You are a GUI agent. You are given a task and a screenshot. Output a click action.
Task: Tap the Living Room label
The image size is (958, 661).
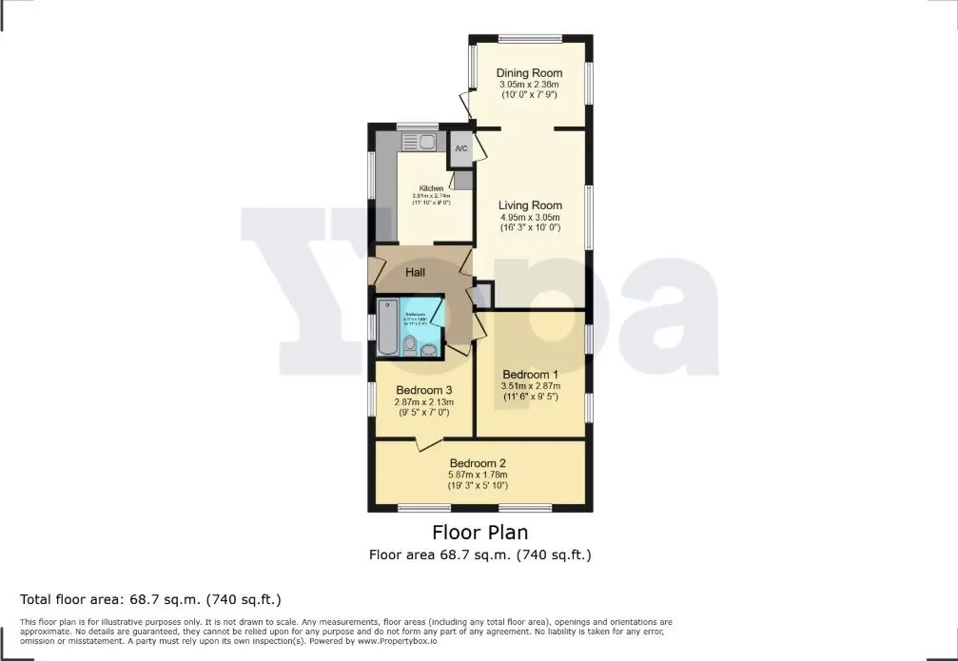tap(531, 205)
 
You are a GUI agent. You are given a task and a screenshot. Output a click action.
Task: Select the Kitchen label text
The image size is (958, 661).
tap(431, 188)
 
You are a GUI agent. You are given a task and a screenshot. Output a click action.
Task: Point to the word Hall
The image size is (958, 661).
tap(416, 273)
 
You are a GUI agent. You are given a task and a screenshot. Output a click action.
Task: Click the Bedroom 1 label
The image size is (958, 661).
tap(531, 374)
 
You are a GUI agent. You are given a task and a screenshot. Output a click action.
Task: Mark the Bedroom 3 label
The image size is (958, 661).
tap(423, 390)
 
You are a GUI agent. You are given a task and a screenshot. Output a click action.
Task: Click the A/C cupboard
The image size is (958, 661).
tap(461, 149)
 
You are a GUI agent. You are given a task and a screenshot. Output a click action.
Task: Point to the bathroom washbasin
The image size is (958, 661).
tap(430, 351)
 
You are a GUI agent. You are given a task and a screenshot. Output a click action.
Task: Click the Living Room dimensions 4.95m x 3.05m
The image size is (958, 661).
tap(531, 218)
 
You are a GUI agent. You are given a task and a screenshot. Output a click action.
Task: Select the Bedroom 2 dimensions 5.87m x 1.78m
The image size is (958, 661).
tap(479, 476)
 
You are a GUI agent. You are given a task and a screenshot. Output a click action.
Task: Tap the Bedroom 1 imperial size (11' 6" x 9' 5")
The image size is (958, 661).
tap(531, 397)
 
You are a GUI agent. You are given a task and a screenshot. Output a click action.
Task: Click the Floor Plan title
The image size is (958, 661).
tap(479, 532)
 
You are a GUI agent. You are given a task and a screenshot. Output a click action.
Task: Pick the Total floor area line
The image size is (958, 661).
tap(150, 599)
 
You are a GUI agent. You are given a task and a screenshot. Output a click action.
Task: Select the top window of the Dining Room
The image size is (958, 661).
tap(530, 38)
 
